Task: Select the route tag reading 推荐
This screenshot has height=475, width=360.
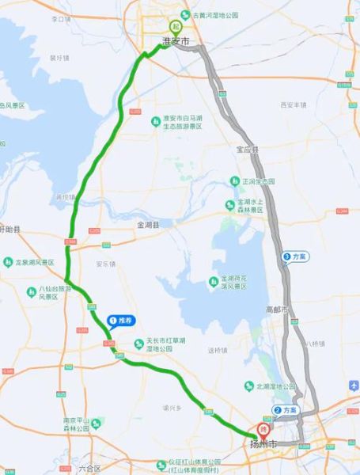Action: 121,320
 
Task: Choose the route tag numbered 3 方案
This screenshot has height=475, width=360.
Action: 294,256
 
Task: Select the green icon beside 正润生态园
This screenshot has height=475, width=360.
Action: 234,181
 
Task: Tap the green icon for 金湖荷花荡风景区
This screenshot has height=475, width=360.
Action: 212,282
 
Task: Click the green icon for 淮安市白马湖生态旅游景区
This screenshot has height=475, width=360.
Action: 157,120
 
